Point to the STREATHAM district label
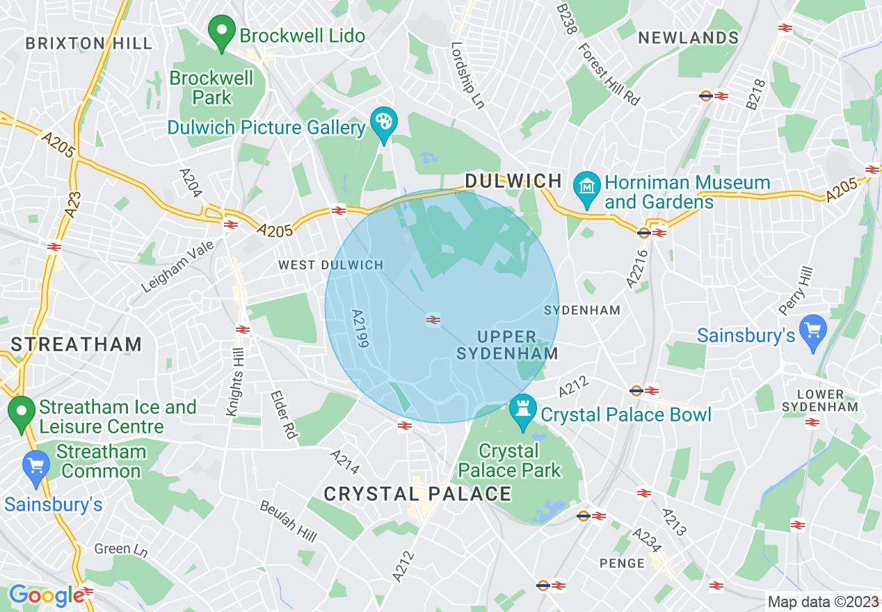[77, 344]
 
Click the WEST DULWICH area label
[330, 265]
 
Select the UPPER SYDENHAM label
[507, 345]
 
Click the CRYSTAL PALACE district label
[417, 494]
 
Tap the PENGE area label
[622, 563]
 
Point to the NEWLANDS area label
[688, 38]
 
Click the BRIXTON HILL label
[88, 43]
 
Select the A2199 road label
[360, 328]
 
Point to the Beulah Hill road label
[289, 521]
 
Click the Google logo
[46, 595]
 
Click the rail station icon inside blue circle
[433, 320]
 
